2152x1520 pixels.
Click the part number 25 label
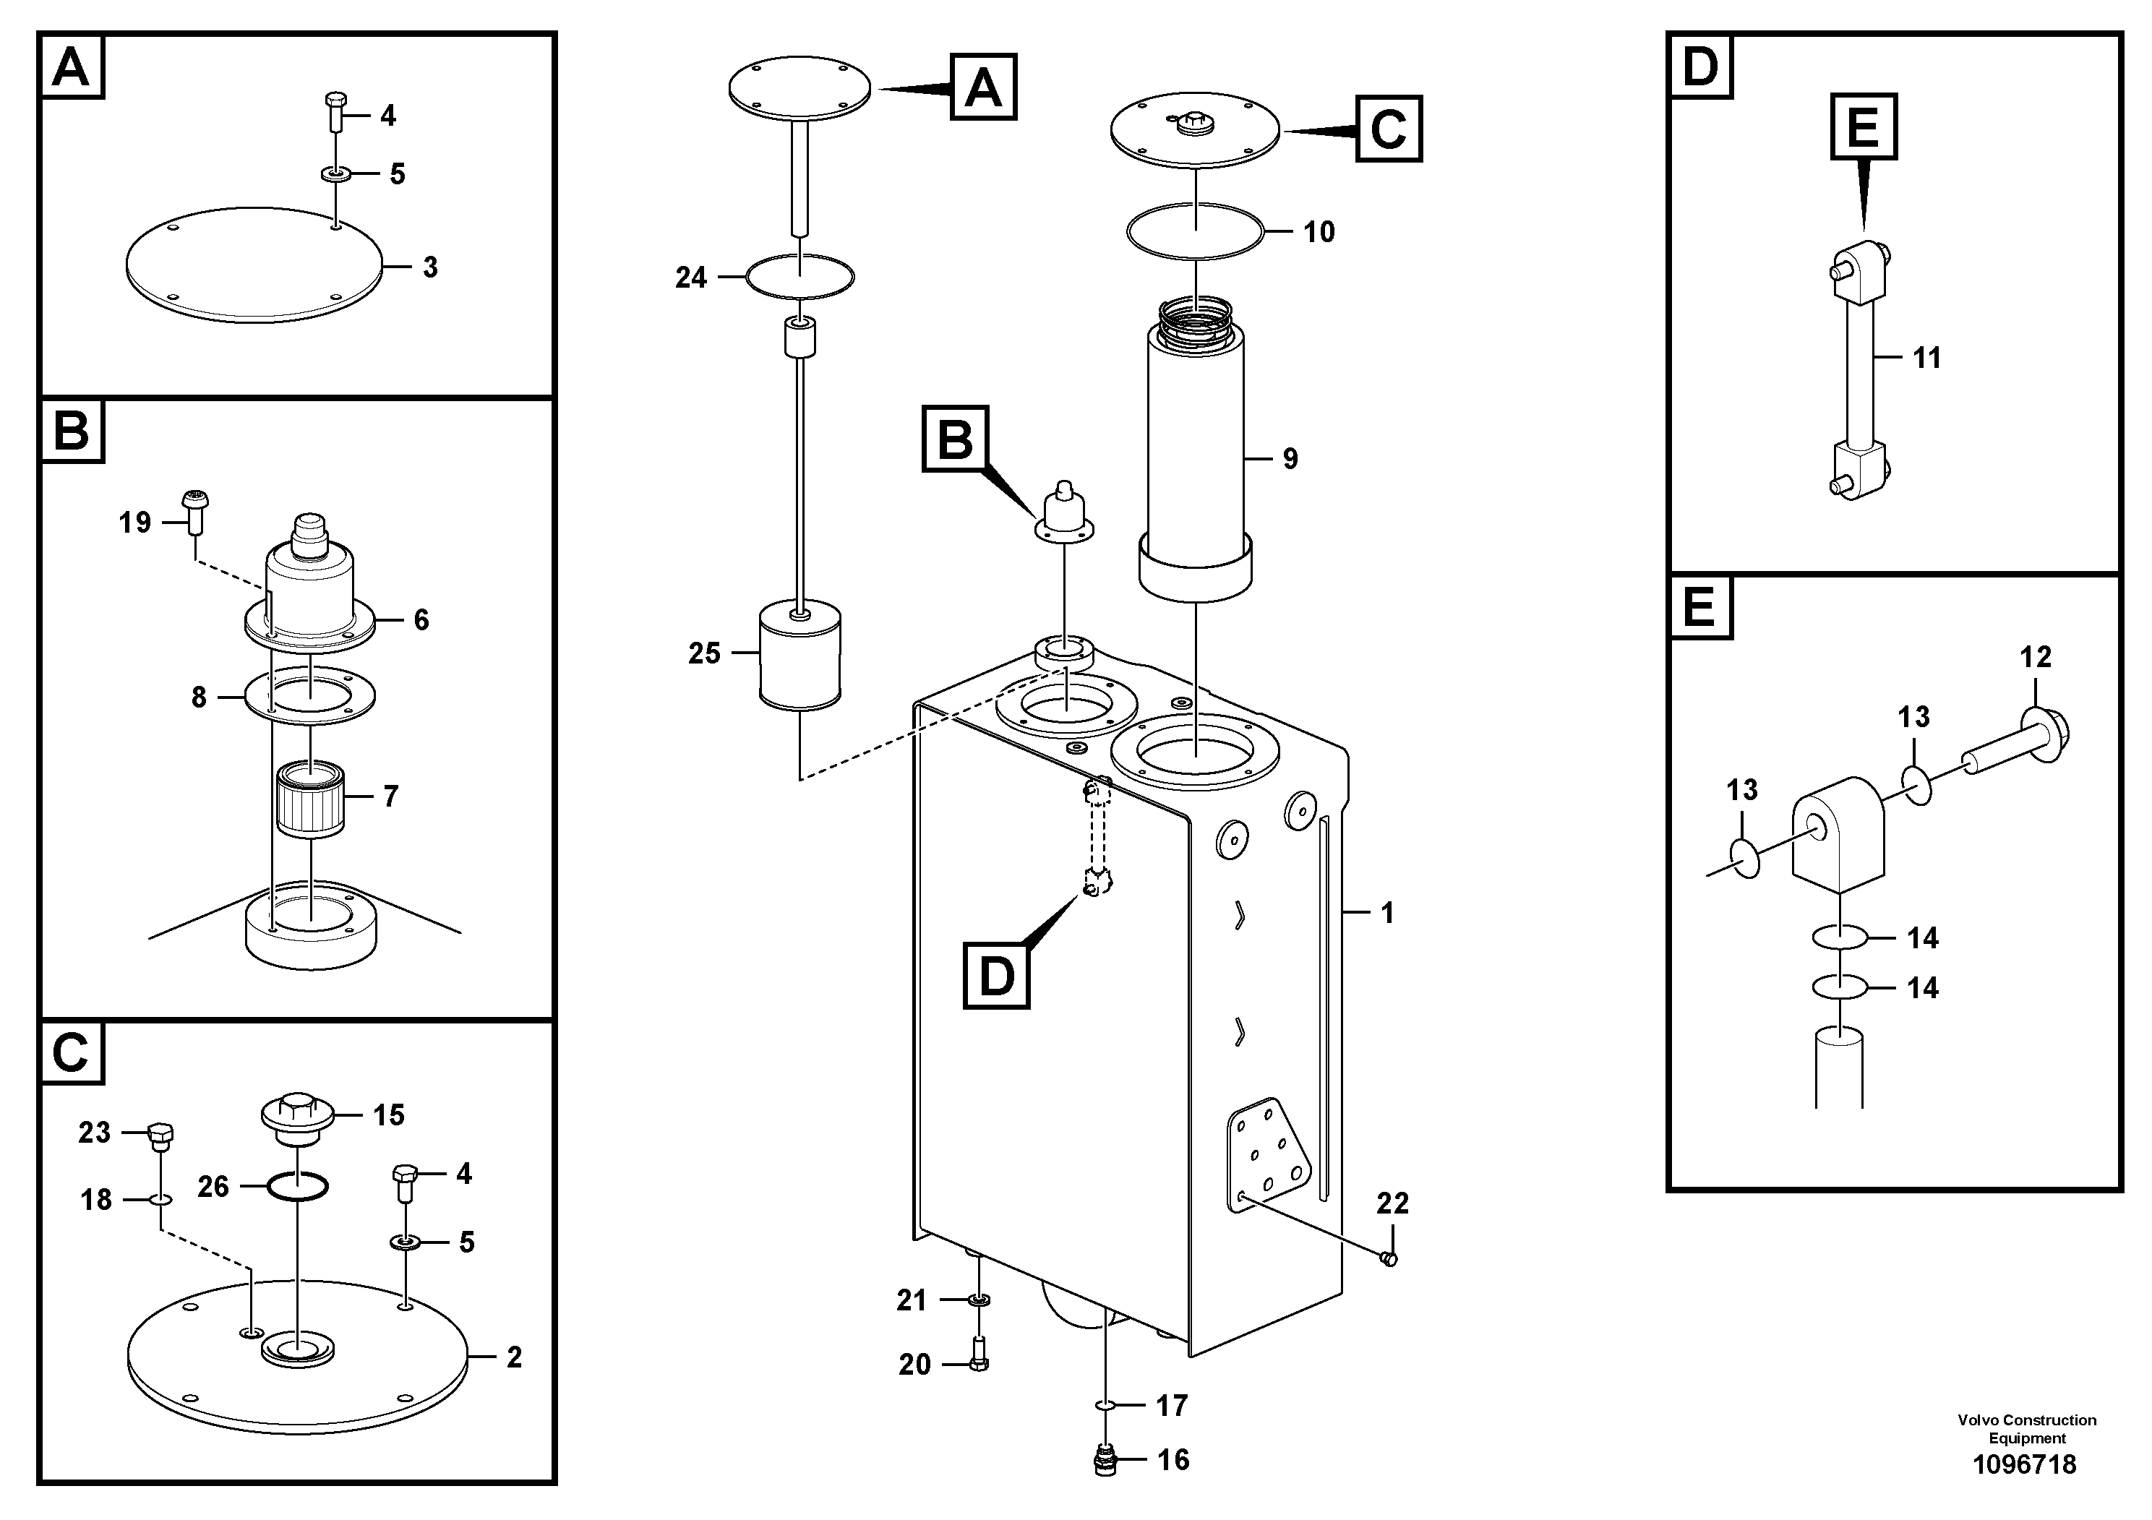(x=704, y=653)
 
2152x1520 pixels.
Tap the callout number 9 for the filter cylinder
(x=1290, y=459)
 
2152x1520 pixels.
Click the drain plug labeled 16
(x=1106, y=1461)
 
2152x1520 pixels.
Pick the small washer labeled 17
(x=1106, y=1406)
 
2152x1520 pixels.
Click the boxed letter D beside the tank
(x=996, y=976)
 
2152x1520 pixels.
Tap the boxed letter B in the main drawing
(x=955, y=439)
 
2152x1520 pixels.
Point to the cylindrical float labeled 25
(x=800, y=656)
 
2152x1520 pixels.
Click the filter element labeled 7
(x=311, y=797)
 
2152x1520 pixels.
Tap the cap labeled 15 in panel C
(x=296, y=1116)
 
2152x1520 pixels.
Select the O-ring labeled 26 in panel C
(x=297, y=1188)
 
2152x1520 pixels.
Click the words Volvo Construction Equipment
(x=2026, y=1429)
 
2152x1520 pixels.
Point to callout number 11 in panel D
(x=1926, y=358)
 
